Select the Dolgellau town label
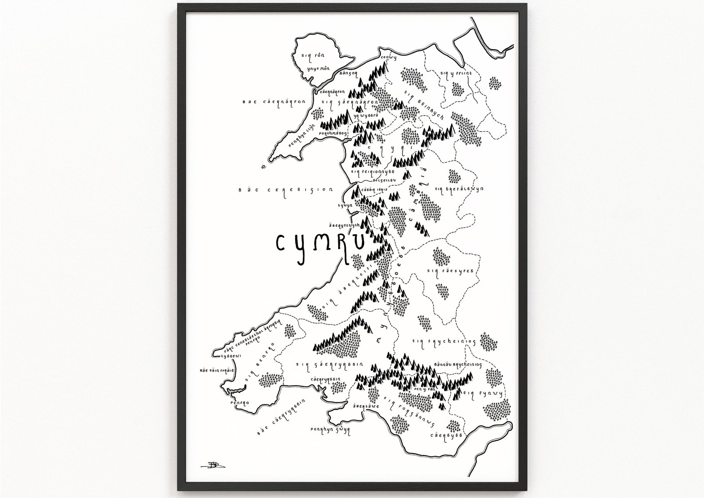372,181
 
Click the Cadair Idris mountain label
375,190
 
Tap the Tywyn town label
344,206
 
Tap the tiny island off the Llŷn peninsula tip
264,167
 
